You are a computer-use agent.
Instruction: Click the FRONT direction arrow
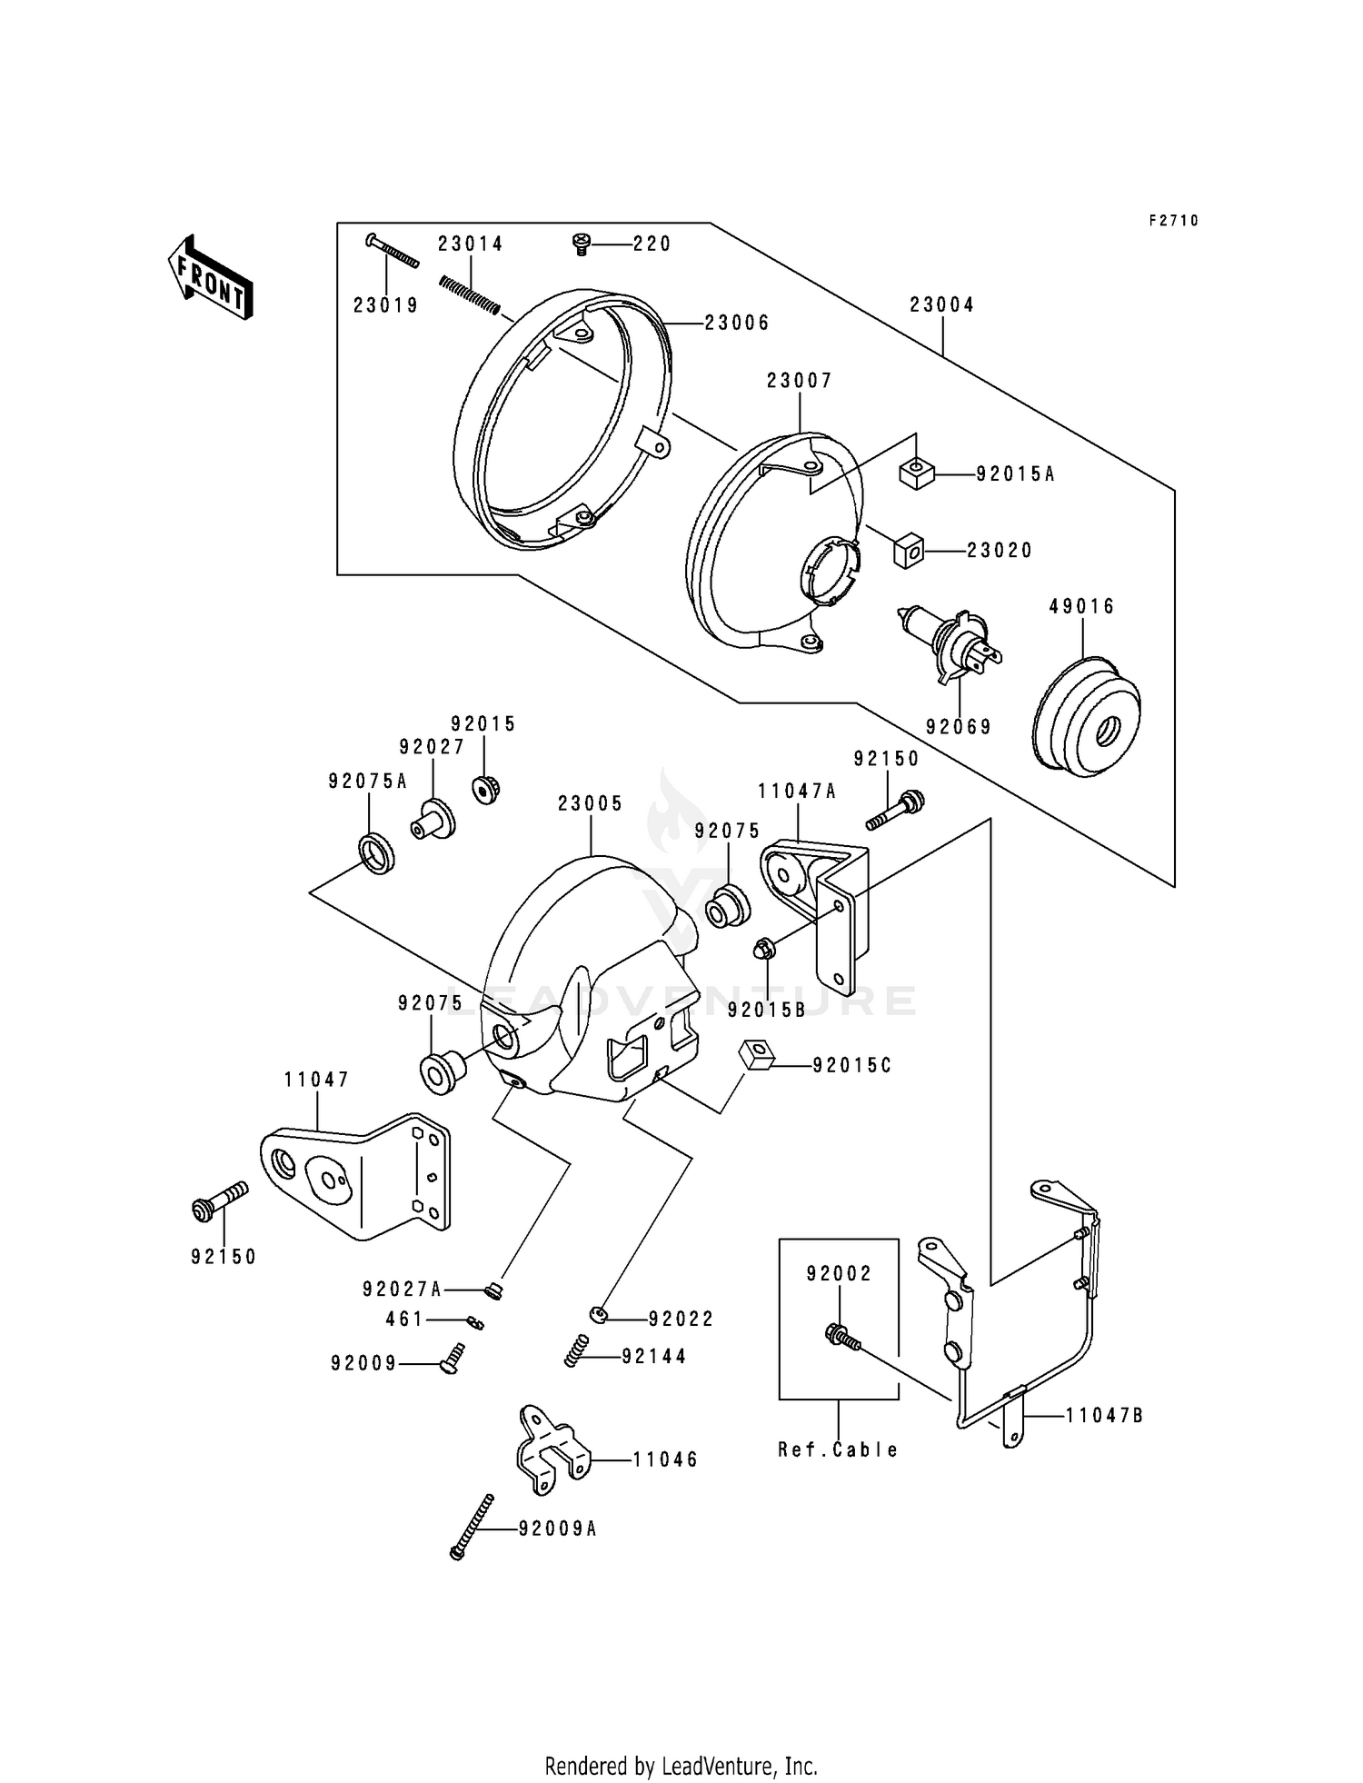tap(210, 276)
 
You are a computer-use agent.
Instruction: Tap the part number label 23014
tap(470, 244)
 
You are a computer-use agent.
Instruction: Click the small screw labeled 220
tap(581, 243)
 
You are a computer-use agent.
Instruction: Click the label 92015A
tap(1015, 473)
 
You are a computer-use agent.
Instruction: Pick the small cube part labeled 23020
tap(909, 552)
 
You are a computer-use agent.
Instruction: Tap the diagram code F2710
tap(1173, 221)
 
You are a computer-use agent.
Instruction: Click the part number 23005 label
tap(591, 803)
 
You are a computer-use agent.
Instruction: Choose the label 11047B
tap(1104, 1415)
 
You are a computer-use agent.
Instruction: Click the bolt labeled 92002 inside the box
tap(840, 1336)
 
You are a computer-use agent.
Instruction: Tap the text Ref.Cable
tap(838, 1449)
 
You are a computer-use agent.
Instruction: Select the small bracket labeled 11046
tap(549, 1457)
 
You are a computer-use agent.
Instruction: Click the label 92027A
tap(402, 1289)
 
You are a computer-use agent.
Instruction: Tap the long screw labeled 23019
tap(393, 252)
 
